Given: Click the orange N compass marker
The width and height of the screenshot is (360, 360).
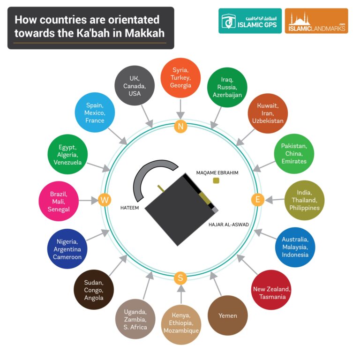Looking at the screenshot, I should [180, 126].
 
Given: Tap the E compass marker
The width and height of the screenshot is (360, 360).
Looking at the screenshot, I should [257, 200].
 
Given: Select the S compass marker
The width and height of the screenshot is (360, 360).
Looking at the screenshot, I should [180, 278].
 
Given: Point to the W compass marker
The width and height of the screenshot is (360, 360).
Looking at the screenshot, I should [105, 201].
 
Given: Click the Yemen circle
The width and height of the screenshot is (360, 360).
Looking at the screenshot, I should [227, 315].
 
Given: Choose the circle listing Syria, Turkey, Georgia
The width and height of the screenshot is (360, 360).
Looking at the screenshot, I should [180, 78].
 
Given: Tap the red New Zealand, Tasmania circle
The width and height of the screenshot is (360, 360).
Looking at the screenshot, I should [271, 289].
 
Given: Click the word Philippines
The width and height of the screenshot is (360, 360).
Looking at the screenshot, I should [304, 208].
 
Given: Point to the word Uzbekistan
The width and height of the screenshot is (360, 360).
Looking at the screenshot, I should [267, 121].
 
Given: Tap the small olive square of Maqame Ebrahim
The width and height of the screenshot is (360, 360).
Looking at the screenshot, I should [216, 181].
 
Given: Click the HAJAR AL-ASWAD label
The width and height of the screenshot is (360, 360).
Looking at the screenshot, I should [229, 225].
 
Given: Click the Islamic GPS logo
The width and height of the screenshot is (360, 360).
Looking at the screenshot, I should [250, 21].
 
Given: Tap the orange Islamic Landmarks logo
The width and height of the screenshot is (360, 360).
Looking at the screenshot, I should [316, 21].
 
